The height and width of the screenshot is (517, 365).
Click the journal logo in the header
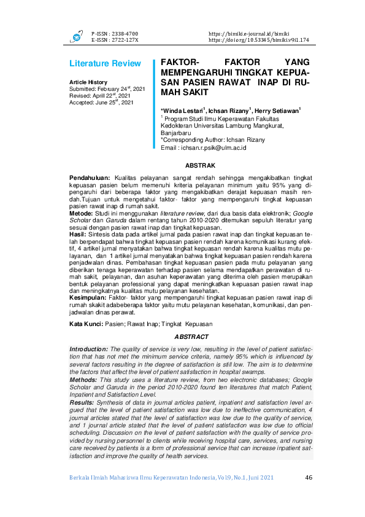77,36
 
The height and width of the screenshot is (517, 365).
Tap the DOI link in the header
258,39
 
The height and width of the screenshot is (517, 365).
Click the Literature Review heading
105,64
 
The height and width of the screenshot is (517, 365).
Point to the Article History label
88,82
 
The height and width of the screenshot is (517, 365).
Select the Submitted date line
108,89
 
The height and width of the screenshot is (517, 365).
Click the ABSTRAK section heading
200,166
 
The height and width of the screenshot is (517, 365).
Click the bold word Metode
81,212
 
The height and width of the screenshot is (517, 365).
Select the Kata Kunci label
85,322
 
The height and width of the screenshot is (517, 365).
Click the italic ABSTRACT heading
191,336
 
